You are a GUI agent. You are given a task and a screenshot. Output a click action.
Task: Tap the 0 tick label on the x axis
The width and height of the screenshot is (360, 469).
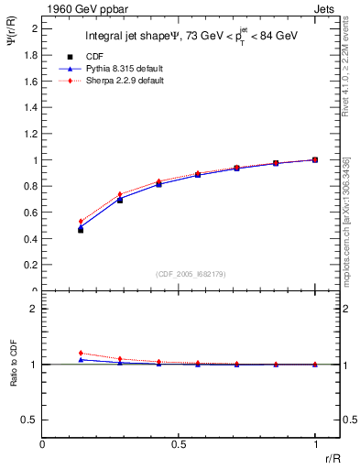[x=43, y=444]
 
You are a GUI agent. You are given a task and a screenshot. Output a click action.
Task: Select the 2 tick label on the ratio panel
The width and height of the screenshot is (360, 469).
[x=35, y=309]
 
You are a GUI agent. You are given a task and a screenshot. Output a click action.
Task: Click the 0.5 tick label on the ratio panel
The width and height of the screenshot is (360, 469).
[x=32, y=420]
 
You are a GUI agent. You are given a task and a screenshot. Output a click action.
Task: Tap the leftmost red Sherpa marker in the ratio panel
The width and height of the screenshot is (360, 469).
[x=81, y=353]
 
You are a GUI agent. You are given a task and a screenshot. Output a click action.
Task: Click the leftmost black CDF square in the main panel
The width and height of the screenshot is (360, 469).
[x=81, y=230]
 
